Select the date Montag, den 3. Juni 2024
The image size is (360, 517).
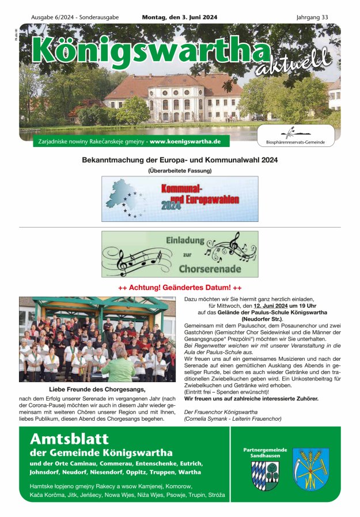click(x=179, y=17)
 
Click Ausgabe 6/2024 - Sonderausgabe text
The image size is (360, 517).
click(x=75, y=17)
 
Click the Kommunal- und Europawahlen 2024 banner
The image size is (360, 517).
click(x=180, y=199)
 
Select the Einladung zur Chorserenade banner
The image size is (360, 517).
click(x=180, y=254)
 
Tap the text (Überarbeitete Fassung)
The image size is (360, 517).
click(x=180, y=171)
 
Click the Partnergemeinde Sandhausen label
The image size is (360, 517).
click(x=265, y=452)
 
